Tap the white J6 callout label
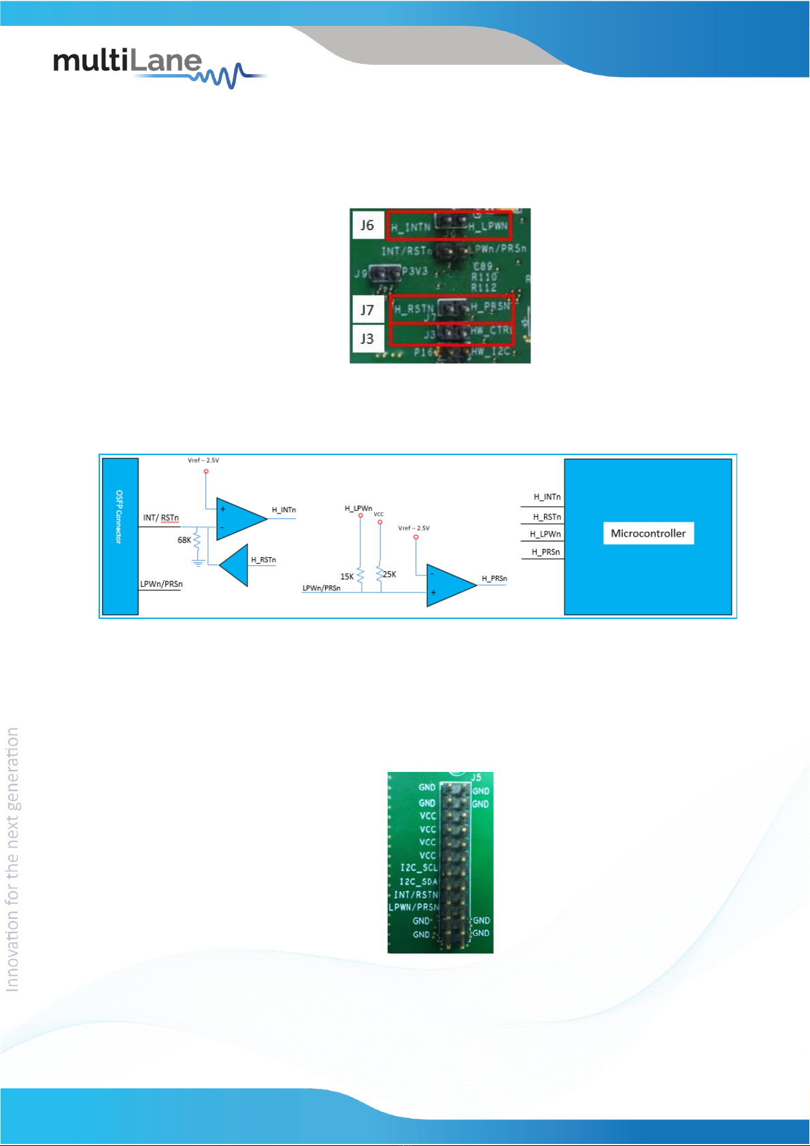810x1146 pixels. pos(367,225)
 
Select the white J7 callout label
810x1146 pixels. pos(367,310)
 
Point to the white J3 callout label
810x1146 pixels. pos(367,339)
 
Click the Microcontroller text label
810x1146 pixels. pos(648,533)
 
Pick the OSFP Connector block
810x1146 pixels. pos(120,536)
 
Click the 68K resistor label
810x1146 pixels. pos(184,540)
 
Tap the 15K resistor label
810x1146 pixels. pos(347,577)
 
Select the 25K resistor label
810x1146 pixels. pos(390,575)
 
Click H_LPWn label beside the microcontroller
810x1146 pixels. pos(545,535)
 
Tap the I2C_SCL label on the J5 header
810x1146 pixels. pos(418,868)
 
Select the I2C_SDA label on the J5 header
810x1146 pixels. pos(418,881)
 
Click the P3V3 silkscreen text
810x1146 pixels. pos(414,271)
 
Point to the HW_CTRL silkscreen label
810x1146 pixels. pos(490,331)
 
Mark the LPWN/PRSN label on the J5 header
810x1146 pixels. pos(414,907)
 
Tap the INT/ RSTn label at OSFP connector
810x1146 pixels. pos(161,518)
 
